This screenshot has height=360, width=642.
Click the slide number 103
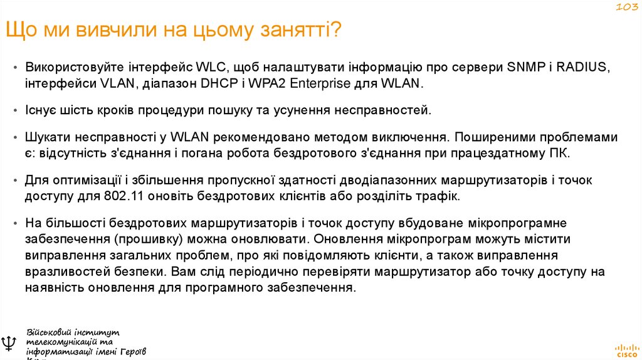click(627, 7)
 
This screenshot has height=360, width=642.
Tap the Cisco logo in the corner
click(626, 349)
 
